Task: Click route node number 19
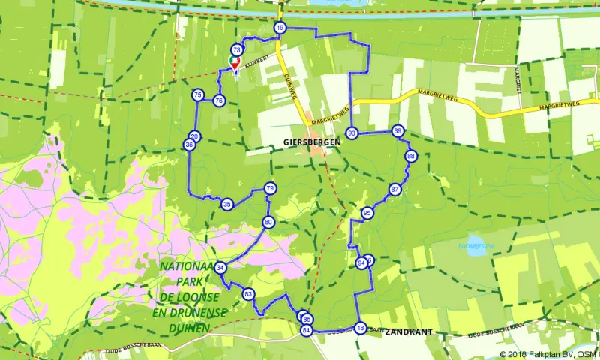(x=280, y=28)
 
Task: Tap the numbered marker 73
(x=237, y=50)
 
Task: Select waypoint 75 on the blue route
(x=197, y=94)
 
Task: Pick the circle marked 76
(x=218, y=100)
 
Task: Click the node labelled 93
(x=352, y=133)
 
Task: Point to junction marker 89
(x=397, y=130)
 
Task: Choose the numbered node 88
(x=410, y=156)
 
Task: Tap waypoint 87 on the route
(x=395, y=190)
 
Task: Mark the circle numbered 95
(x=367, y=213)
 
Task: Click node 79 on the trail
(x=270, y=188)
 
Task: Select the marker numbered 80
(x=268, y=222)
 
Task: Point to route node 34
(x=220, y=268)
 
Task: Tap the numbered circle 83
(x=248, y=294)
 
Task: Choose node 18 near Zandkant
(x=361, y=328)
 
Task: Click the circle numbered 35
(x=227, y=204)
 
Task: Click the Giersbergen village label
(x=313, y=141)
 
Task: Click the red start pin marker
(x=234, y=64)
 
